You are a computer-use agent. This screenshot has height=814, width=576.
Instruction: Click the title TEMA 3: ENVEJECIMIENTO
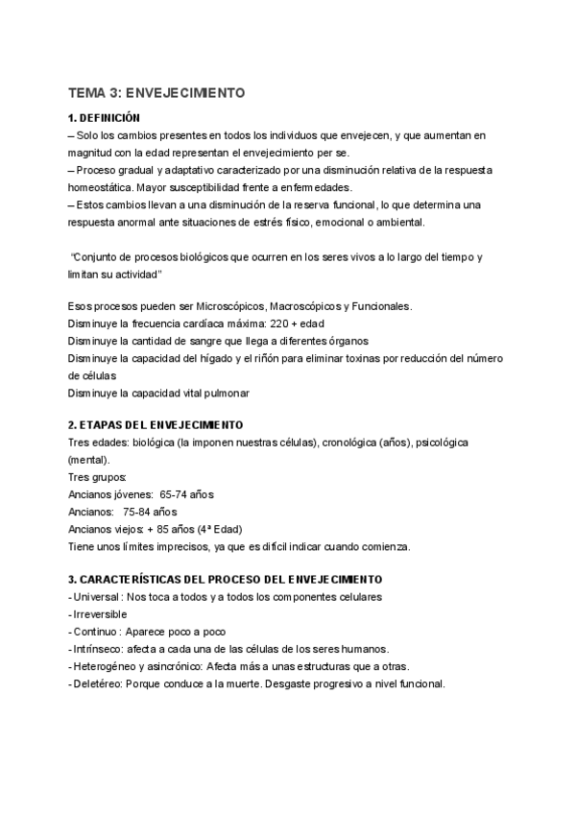tap(156, 93)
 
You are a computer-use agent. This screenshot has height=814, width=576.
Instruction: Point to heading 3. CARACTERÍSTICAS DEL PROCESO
tap(225, 580)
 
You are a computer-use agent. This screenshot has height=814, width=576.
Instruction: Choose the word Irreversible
tap(101, 614)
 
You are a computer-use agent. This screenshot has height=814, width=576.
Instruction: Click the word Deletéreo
tap(96, 683)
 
